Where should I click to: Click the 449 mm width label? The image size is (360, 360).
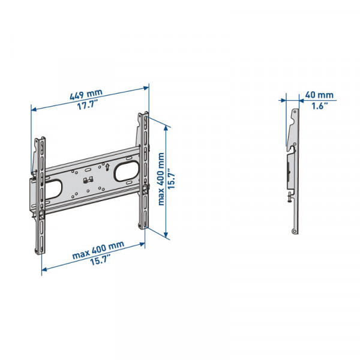tap(86, 94)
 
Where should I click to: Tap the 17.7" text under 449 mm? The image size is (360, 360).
tap(89, 105)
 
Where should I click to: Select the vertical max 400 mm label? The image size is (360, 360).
tap(161, 178)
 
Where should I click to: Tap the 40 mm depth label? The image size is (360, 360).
tap(319, 95)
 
